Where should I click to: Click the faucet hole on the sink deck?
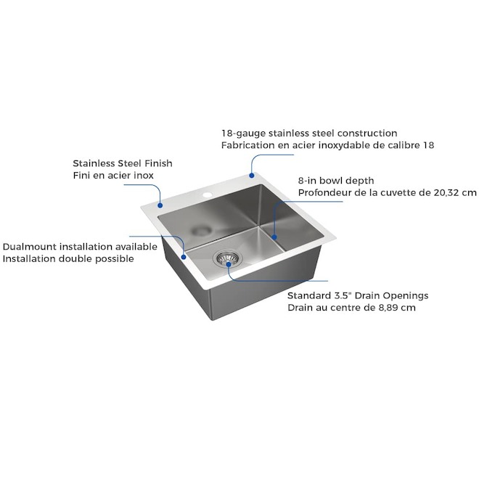click(208, 195)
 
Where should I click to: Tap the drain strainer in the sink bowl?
click(227, 258)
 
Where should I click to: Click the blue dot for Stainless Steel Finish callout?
click(160, 205)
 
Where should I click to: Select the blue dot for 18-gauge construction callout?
click(251, 176)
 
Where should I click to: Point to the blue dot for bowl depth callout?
click(274, 237)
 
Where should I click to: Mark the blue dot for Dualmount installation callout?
click(184, 257)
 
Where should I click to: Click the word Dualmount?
click(30, 247)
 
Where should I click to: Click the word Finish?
click(158, 163)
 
